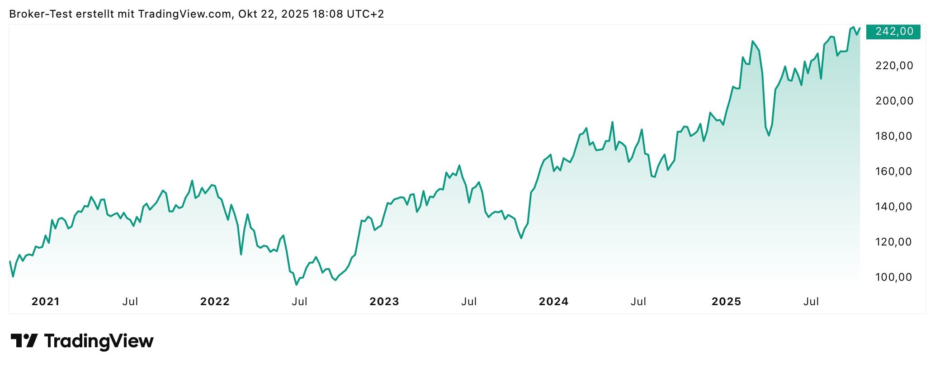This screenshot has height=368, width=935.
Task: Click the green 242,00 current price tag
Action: click(893, 32)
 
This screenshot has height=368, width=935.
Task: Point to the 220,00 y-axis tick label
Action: click(894, 66)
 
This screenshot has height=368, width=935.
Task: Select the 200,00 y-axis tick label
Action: click(894, 101)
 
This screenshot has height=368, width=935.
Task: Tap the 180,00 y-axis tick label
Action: click(894, 137)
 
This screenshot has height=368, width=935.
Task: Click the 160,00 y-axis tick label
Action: click(894, 172)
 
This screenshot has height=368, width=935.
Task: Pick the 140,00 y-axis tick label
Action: click(894, 207)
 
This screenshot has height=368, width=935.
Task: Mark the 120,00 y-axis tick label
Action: click(894, 242)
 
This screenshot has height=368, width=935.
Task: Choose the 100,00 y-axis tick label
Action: click(894, 278)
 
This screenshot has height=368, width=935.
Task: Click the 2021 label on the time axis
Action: click(46, 302)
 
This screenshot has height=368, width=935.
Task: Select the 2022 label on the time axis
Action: click(215, 302)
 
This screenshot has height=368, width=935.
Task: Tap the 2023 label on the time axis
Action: click(384, 302)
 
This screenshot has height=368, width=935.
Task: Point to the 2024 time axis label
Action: click(554, 302)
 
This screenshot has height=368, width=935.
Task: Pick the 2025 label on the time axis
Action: click(727, 302)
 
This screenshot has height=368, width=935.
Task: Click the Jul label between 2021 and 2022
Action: click(130, 302)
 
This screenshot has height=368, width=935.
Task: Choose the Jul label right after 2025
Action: click(811, 302)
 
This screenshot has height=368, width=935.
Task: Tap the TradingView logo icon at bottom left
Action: click(24, 341)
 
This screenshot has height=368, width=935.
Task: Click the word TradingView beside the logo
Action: click(99, 341)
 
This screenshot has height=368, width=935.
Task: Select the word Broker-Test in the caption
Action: click(41, 14)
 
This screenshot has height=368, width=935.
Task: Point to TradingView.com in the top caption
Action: click(185, 14)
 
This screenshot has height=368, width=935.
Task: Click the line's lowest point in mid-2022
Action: click(297, 285)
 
